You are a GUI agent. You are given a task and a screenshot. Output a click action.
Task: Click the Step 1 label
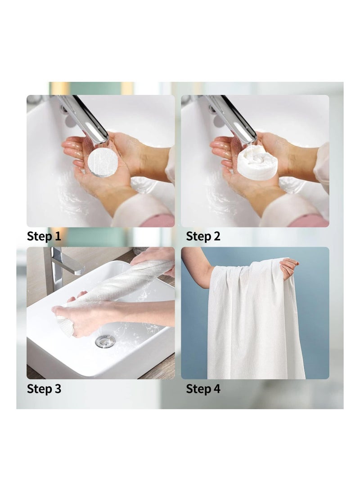pyautogui.click(x=44, y=236)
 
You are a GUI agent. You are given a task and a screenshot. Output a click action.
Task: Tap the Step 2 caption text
pyautogui.click(x=203, y=236)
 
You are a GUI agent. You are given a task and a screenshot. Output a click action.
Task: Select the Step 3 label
pyautogui.click(x=44, y=389)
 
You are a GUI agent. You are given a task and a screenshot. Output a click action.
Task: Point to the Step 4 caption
pyautogui.click(x=203, y=389)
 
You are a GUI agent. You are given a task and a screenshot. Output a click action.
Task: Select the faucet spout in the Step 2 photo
pyautogui.click(x=234, y=117)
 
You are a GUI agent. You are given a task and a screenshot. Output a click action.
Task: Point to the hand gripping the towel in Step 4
pyautogui.click(x=288, y=268)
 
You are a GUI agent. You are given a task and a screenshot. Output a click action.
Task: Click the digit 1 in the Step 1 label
pyautogui.click(x=58, y=236)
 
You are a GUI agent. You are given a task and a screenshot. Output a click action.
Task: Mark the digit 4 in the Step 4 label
pyautogui.click(x=216, y=389)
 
